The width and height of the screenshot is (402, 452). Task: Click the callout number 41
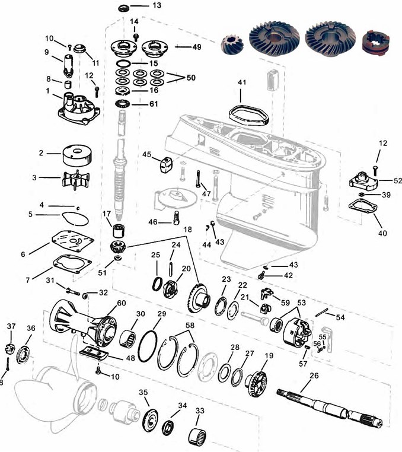[241, 81]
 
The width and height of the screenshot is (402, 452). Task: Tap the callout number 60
[122, 303]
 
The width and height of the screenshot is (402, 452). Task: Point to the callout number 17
[107, 214]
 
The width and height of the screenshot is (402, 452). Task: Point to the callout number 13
[157, 6]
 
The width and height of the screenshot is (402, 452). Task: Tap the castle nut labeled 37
[11, 348]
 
